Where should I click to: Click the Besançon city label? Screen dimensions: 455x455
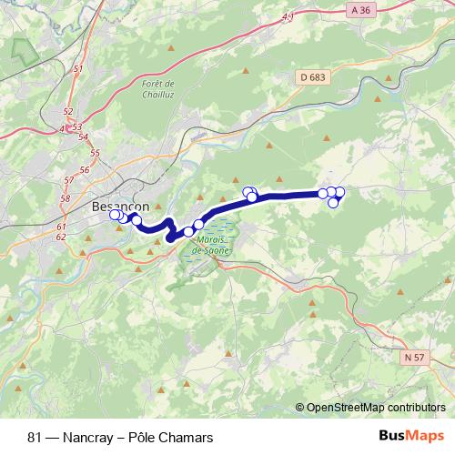click(x=120, y=207)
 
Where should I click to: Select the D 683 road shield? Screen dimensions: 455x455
click(x=310, y=77)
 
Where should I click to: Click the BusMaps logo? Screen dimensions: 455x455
click(x=411, y=436)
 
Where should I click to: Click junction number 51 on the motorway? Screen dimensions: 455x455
click(x=77, y=69)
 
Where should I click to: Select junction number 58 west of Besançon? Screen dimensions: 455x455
click(x=64, y=198)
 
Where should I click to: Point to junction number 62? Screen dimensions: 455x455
click(x=61, y=237)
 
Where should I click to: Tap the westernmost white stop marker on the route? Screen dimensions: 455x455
click(x=115, y=215)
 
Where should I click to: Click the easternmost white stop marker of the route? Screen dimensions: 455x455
click(x=340, y=191)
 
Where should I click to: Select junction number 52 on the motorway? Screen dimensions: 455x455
click(x=68, y=112)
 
